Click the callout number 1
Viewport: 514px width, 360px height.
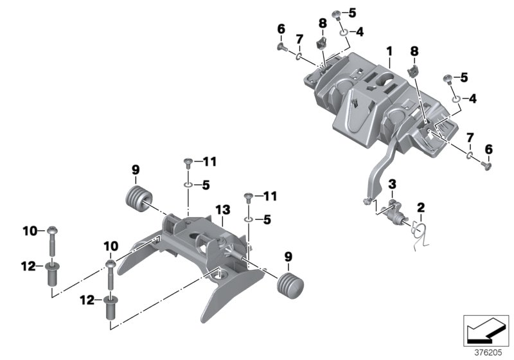[389, 50]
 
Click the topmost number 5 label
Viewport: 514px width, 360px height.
[352, 12]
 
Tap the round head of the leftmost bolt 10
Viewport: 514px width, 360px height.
[50, 230]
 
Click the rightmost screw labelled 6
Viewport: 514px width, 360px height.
[486, 166]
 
